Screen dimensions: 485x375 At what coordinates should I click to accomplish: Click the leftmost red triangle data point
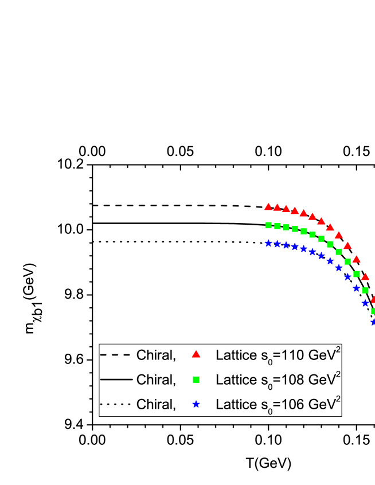click(268, 206)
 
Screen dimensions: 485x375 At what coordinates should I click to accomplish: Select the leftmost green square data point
click(268, 225)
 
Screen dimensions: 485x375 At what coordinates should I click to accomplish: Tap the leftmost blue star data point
click(268, 243)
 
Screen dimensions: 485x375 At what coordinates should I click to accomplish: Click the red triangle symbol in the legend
click(196, 354)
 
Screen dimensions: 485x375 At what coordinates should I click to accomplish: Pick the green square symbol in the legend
click(196, 380)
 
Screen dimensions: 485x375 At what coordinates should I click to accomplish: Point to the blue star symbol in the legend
click(196, 404)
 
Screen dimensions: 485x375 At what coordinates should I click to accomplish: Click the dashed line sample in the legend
click(116, 355)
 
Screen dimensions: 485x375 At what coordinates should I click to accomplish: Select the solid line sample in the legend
click(116, 380)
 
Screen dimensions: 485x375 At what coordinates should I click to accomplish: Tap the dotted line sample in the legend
click(116, 404)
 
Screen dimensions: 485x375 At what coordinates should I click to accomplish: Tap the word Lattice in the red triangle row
click(233, 355)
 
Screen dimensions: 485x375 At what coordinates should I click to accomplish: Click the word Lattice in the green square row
click(233, 380)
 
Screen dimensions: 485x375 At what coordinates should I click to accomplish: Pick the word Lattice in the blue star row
click(233, 404)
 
